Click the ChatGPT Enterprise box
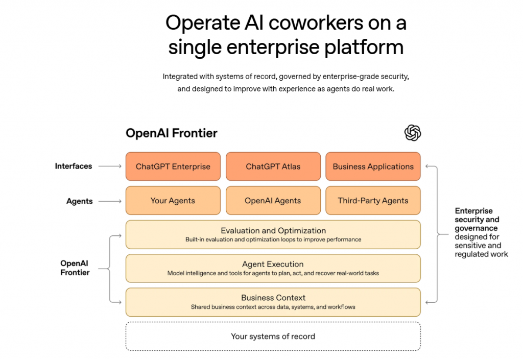point(173,166)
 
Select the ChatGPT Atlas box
point(273,166)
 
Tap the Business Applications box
point(373,166)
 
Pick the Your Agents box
point(173,201)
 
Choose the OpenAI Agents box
point(273,201)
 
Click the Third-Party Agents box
point(373,201)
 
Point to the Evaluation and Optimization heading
point(273,231)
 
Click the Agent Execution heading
point(273,264)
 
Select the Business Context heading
point(273,298)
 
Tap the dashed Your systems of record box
point(273,336)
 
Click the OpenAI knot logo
point(413,133)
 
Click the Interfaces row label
point(74,166)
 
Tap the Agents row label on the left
point(80,201)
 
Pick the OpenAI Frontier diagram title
point(172,133)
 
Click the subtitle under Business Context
point(273,307)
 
